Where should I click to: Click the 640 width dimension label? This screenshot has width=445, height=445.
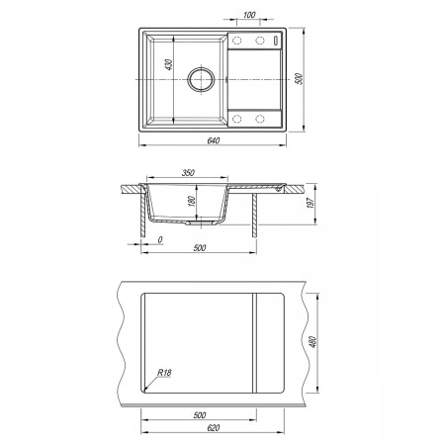point(214,140)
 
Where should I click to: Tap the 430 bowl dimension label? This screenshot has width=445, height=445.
point(168,64)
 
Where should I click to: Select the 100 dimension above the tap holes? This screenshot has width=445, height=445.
point(249,15)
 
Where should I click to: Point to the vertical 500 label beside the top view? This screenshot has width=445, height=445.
point(300,79)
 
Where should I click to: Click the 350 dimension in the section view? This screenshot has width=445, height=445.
point(188,172)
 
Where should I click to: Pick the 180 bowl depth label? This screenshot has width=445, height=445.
point(192,201)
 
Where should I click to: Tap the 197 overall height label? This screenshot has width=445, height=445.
point(311,203)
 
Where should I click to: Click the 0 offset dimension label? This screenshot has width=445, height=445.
point(160,240)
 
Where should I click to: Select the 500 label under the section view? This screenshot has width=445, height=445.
point(200,248)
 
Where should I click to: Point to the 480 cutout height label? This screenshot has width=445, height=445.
point(312,342)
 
